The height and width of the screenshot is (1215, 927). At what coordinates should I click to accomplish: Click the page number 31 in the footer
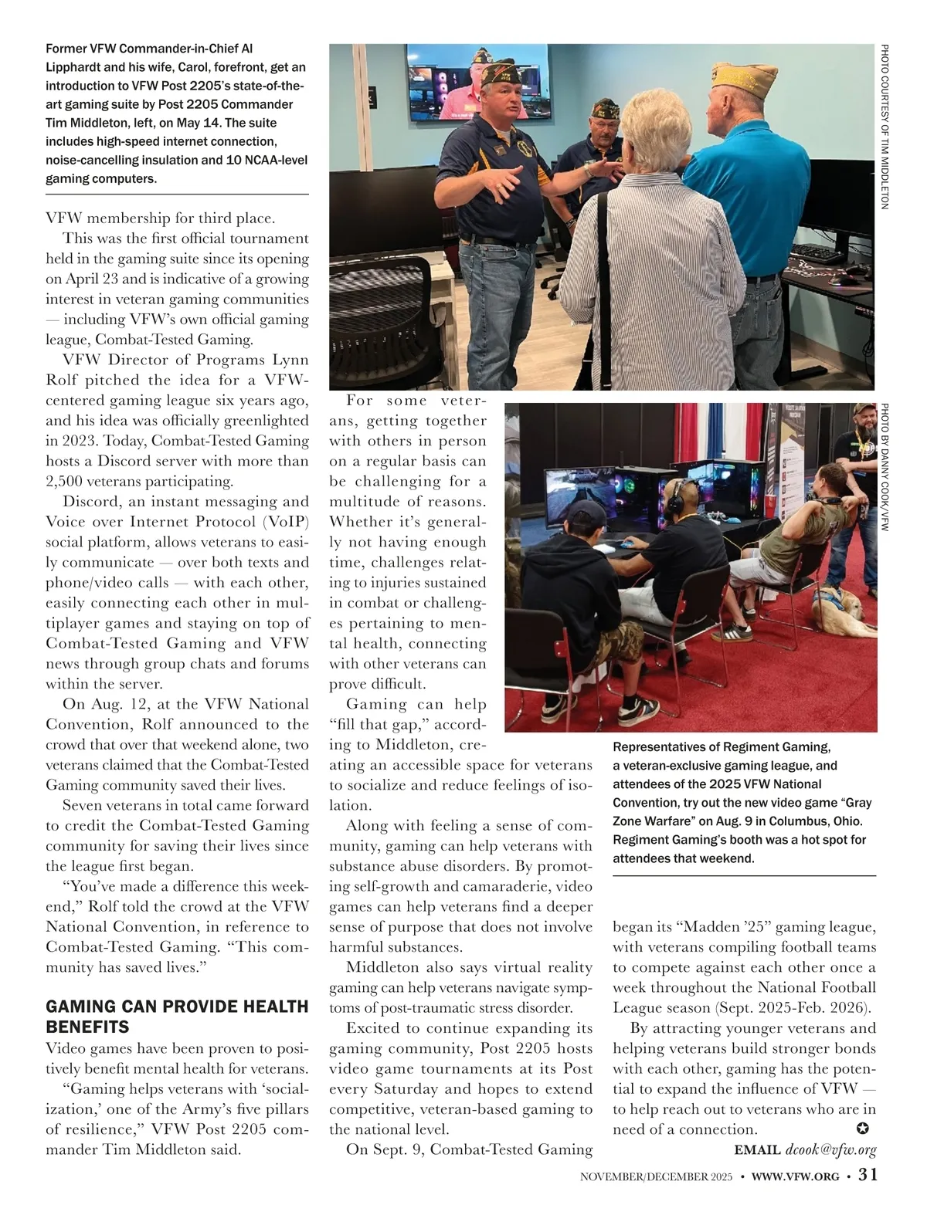click(868, 1175)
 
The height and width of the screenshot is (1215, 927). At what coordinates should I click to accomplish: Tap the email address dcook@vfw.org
click(830, 1150)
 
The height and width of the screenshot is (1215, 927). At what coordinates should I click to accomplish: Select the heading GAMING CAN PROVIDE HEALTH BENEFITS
click(177, 1017)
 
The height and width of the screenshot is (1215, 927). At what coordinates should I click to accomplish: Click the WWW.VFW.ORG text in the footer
click(795, 1176)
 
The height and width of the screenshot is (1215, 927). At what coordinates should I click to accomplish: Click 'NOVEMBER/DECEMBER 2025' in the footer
click(656, 1176)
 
